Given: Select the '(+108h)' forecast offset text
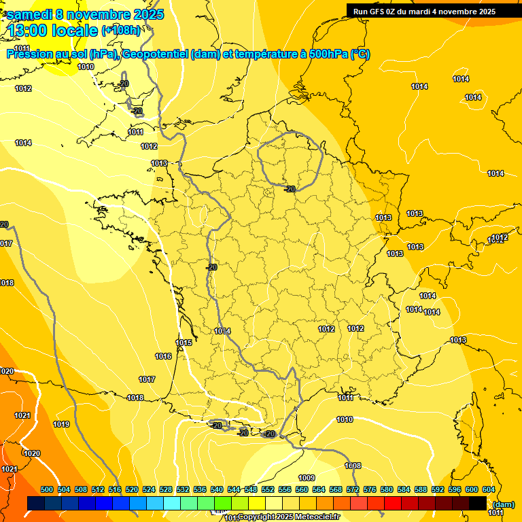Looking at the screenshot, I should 121,31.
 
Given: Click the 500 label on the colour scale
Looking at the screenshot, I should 47,489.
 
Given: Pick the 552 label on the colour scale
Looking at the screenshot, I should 268,489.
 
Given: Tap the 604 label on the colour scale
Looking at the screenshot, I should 489,489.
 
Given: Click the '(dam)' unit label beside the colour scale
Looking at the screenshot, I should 503,504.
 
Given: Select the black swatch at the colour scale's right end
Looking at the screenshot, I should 477,504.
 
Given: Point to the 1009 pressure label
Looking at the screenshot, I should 307,478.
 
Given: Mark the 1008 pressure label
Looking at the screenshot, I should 353,466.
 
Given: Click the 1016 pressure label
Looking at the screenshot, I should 163,356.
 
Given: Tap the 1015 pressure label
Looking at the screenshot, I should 184,343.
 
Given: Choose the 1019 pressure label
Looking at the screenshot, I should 61,424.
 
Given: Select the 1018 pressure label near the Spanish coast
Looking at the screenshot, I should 135,398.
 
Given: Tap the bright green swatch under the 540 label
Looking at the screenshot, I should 222,504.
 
